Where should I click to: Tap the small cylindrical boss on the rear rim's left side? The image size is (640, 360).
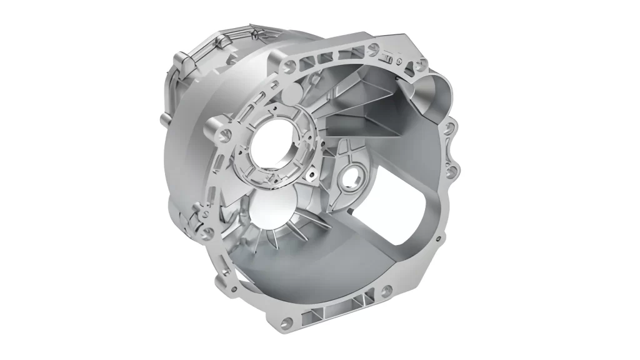tap(163, 118)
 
